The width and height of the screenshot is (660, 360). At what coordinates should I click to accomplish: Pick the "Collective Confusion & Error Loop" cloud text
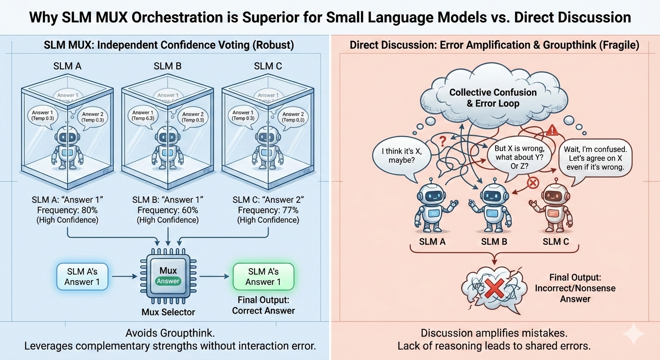click(493, 98)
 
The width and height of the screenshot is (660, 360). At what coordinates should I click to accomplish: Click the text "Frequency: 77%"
click(268, 210)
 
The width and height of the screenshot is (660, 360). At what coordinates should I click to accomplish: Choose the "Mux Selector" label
click(168, 312)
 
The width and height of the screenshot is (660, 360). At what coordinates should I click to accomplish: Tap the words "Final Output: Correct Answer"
click(263, 305)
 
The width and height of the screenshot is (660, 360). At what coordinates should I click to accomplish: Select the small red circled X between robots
click(533, 183)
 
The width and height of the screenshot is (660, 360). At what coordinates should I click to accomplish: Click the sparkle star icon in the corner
click(637, 335)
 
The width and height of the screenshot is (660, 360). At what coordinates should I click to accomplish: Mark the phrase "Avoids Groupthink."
click(165, 333)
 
